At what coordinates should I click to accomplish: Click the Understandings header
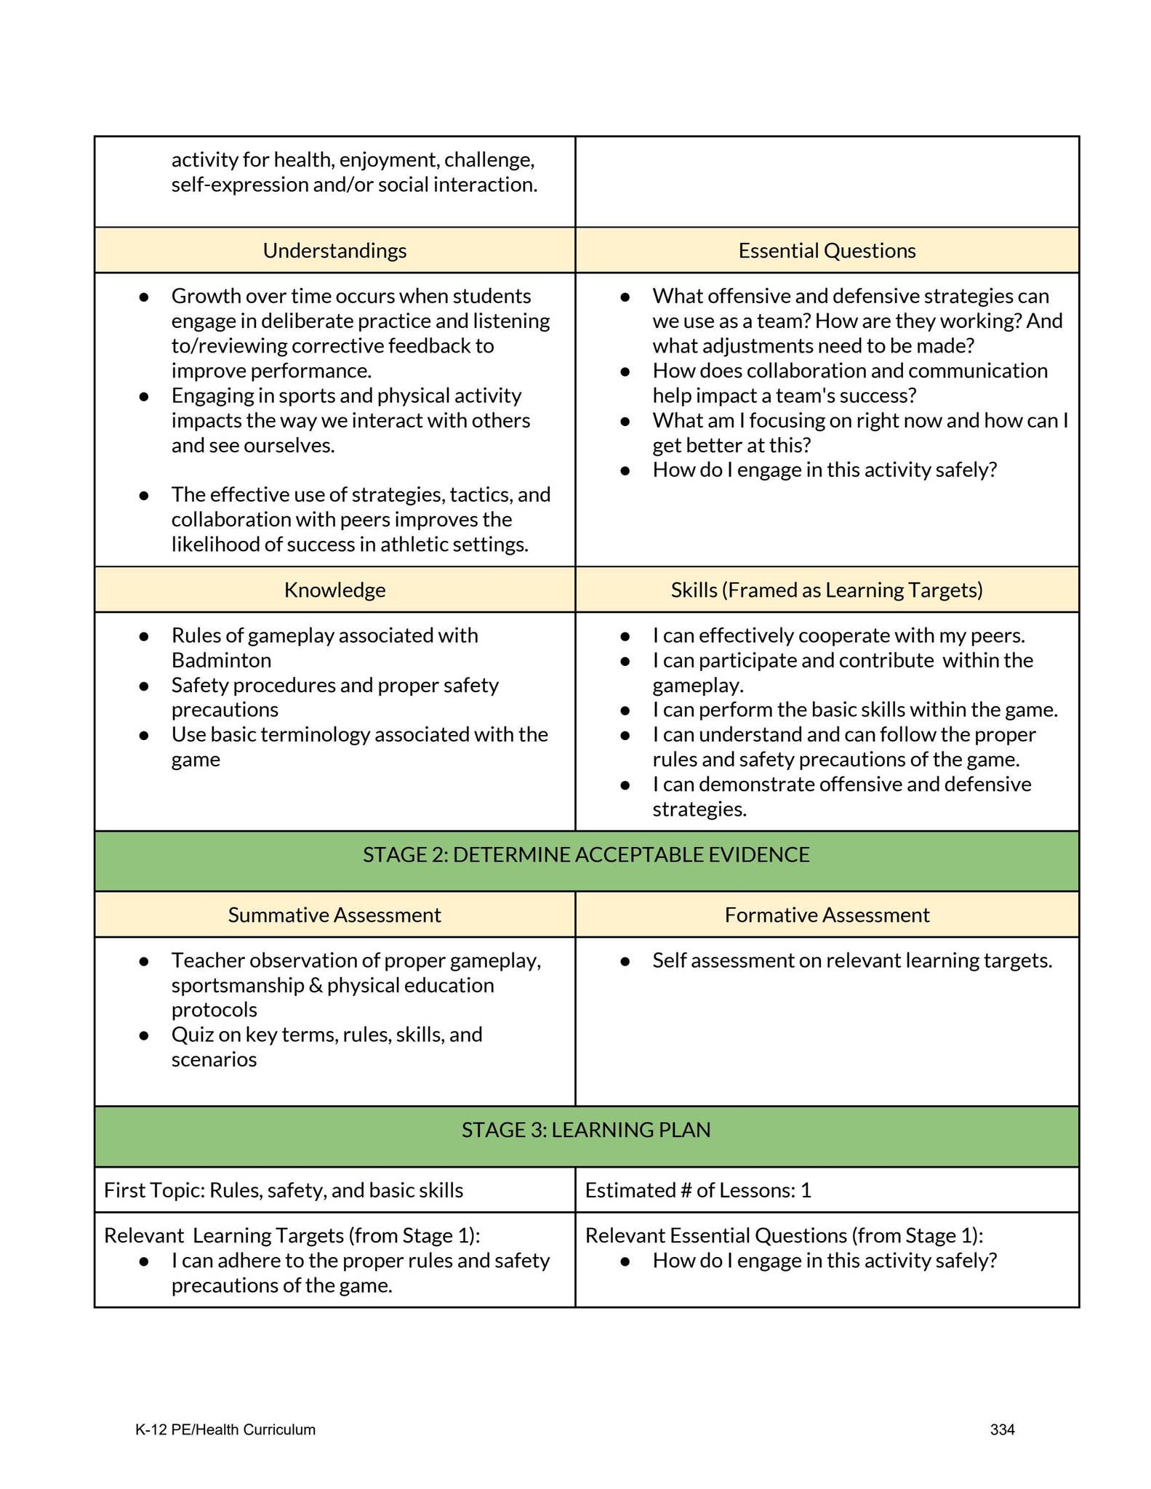(334, 251)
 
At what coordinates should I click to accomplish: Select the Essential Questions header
(827, 251)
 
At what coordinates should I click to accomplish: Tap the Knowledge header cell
(334, 590)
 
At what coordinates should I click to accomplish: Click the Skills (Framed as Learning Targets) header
(827, 590)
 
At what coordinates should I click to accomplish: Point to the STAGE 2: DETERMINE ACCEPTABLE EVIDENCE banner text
(586, 854)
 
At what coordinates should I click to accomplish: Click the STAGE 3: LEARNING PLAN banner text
(586, 1130)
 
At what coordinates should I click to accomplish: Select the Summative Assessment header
(334, 915)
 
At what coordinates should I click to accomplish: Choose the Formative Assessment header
(827, 915)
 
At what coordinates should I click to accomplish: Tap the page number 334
(1002, 1429)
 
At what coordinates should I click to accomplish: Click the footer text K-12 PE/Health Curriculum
(225, 1429)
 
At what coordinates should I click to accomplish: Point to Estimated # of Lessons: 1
(698, 1190)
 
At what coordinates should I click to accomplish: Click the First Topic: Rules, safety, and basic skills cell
(284, 1190)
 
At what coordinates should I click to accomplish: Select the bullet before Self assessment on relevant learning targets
(625, 961)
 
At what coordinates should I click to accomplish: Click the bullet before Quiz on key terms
(144, 1035)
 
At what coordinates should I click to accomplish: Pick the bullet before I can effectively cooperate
(625, 636)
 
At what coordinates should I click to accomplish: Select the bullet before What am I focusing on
(625, 421)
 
